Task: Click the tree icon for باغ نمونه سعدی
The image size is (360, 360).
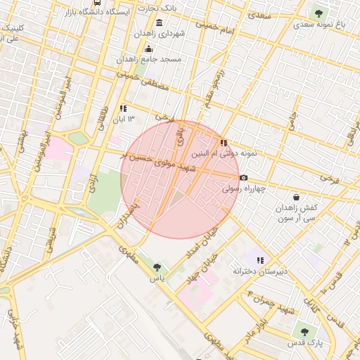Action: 319,13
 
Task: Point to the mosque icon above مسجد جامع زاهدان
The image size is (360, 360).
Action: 148,49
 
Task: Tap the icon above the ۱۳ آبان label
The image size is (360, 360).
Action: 123,108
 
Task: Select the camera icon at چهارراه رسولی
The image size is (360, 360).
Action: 243,178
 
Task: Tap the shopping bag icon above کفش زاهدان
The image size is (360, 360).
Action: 296,198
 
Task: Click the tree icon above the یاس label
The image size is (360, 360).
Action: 156,267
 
